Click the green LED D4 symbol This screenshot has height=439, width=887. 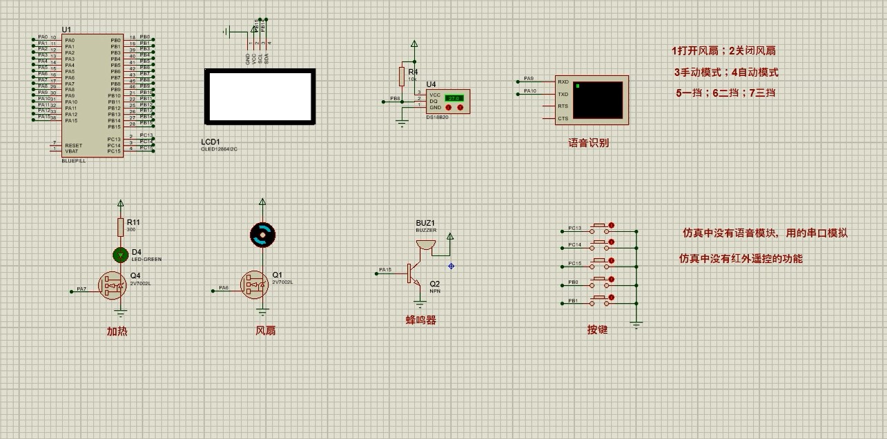coord(121,255)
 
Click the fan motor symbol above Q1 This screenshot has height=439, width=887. coord(262,235)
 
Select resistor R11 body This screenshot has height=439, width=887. coord(121,226)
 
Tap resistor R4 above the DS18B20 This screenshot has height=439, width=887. coord(402,75)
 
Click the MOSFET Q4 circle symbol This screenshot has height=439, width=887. coord(112,284)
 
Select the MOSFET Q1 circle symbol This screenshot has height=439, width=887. coord(253,284)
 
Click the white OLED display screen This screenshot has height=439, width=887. coord(260,97)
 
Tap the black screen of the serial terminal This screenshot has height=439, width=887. coord(597,100)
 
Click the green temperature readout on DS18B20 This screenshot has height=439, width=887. coord(454,98)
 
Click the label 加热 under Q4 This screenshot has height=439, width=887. coord(117,331)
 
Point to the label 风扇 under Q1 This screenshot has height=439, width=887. coord(266,331)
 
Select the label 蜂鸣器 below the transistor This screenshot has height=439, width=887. coord(420,320)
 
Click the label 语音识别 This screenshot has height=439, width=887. coord(588,143)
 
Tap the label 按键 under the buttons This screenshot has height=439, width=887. coord(597,330)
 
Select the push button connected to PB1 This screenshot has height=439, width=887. coord(600,301)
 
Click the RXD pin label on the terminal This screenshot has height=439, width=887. coord(563,81)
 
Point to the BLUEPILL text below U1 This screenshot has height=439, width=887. coord(73,160)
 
